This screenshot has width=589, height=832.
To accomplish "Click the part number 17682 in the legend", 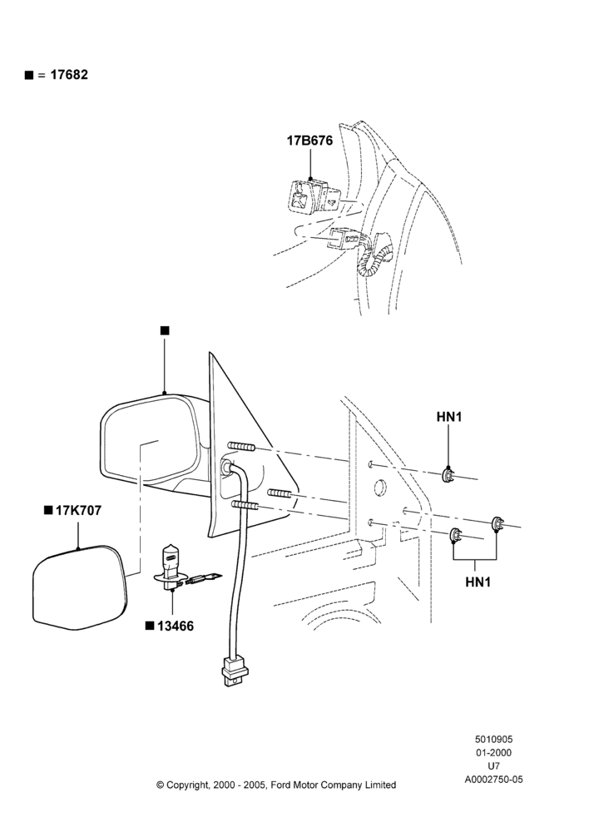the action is click(69, 75).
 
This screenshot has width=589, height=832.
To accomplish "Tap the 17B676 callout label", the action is click(309, 141).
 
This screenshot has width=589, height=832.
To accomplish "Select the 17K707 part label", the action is click(78, 511).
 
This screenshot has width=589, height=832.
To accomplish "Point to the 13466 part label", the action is click(176, 626).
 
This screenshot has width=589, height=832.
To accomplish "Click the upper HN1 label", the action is click(449, 417).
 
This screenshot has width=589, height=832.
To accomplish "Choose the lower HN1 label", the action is click(478, 582).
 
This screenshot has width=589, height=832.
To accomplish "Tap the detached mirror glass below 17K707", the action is click(80, 587).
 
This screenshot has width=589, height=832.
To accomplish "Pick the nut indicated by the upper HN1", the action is click(449, 475).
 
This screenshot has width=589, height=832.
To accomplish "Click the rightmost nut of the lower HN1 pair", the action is click(497, 523).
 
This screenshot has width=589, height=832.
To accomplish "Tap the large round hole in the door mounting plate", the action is click(380, 488).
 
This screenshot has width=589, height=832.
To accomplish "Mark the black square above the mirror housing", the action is click(165, 330).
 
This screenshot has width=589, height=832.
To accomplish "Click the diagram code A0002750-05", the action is click(493, 780).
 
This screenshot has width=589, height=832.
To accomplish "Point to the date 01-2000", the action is click(493, 752).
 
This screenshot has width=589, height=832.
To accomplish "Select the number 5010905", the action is click(493, 739).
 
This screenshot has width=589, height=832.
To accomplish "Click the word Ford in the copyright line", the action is click(281, 785).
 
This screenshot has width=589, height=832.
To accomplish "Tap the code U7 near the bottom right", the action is click(493, 766).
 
